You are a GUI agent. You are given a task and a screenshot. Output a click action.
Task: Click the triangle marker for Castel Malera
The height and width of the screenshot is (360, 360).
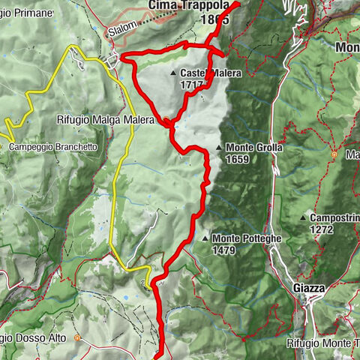click(x=173, y=73)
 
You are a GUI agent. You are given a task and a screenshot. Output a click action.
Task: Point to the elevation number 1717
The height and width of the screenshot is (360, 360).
click(x=191, y=85)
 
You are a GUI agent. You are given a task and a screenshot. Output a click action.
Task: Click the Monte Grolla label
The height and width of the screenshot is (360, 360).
click(x=254, y=148)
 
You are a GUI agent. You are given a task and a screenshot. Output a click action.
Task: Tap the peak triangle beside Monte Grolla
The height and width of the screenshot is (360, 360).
click(x=219, y=148)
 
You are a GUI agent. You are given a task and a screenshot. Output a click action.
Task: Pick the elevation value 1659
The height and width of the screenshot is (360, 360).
click(x=240, y=159)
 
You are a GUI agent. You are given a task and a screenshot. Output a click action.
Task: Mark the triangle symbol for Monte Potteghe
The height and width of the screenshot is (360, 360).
click(x=205, y=238)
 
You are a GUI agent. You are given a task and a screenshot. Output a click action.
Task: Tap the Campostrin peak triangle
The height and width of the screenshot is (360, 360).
click(x=304, y=218)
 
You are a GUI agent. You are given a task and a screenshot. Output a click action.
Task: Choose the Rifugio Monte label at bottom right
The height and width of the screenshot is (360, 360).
click(x=322, y=343)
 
